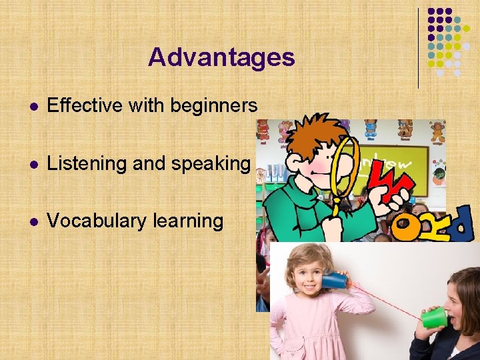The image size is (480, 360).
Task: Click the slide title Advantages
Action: tap(221, 57)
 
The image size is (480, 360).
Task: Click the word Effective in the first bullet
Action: tap(80, 105)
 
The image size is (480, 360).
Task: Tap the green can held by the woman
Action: tap(434, 317)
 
